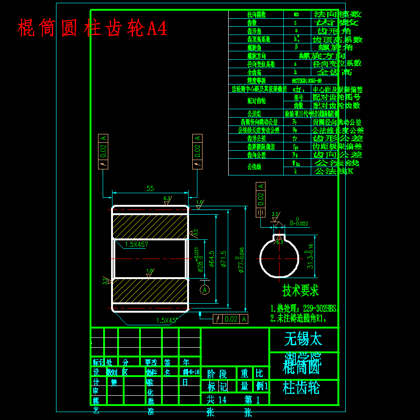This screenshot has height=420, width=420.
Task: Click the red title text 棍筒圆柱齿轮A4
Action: point(92,28)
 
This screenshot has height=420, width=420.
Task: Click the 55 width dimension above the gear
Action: point(150,189)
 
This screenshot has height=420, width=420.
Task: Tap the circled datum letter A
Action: point(204,290)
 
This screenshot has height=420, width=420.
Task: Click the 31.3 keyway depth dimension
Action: point(310,256)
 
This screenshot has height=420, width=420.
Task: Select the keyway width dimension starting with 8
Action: point(299,223)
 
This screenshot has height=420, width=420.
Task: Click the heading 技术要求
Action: point(300,290)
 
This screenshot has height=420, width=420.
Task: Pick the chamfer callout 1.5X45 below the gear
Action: point(167,321)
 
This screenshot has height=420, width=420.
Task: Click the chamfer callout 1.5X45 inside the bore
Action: point(136,244)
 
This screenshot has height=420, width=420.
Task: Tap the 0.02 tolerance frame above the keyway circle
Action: point(260,199)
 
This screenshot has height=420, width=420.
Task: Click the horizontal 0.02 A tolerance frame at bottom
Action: point(231,319)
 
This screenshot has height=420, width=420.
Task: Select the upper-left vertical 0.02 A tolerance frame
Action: point(103,151)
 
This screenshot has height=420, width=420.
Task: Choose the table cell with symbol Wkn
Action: point(297,163)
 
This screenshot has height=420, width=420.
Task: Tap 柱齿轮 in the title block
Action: point(301,388)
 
